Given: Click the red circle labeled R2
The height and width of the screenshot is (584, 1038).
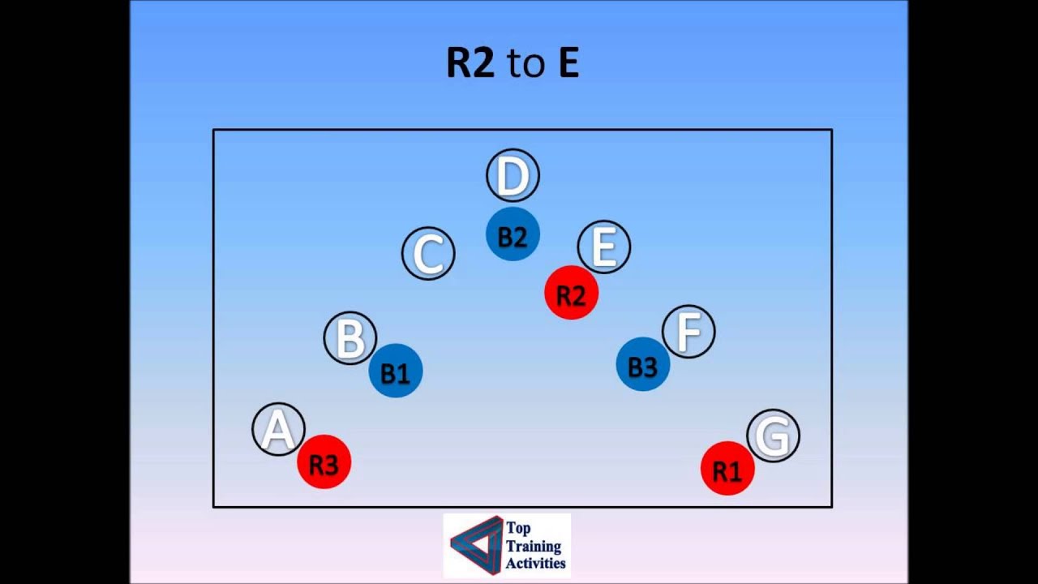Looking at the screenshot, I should pyautogui.click(x=572, y=293).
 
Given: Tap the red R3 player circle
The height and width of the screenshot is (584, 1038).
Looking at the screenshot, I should pyautogui.click(x=324, y=462).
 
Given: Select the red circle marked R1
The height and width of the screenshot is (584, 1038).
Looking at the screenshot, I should pyautogui.click(x=727, y=469).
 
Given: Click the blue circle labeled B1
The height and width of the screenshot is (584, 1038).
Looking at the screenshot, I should pyautogui.click(x=396, y=371).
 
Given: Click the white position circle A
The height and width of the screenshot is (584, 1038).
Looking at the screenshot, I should pyautogui.click(x=277, y=429).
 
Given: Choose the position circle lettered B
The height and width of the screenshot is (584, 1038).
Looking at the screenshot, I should pyautogui.click(x=350, y=338).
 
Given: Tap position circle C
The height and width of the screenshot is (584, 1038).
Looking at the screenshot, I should pyautogui.click(x=428, y=253).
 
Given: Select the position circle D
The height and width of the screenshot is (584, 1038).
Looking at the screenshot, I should pyautogui.click(x=513, y=174).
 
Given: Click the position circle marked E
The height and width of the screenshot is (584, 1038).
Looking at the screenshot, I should pyautogui.click(x=604, y=247).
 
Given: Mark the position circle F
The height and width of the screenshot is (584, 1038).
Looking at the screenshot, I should pyautogui.click(x=688, y=331).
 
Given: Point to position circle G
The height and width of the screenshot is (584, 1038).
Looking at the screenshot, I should pyautogui.click(x=773, y=436).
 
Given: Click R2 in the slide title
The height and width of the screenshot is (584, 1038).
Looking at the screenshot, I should pyautogui.click(x=470, y=63).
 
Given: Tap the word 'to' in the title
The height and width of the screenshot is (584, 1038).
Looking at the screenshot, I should pyautogui.click(x=525, y=65).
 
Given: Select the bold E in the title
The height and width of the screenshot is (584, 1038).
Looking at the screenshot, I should pyautogui.click(x=568, y=63).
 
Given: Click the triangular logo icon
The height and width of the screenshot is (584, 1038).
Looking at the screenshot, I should pyautogui.click(x=475, y=544).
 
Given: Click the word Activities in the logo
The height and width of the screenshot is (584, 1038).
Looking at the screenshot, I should pyautogui.click(x=536, y=563).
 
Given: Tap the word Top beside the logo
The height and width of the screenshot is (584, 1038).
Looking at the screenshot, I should pyautogui.click(x=518, y=528).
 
